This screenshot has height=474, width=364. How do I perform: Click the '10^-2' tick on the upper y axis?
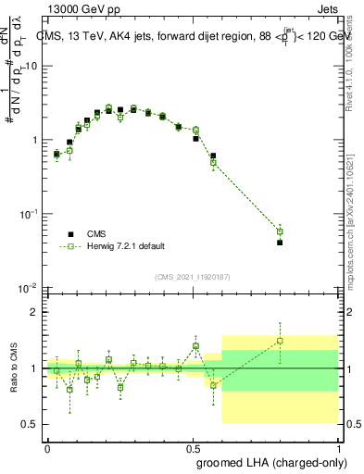pos(29,288)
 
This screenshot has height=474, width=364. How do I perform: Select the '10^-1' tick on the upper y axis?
pos(29,214)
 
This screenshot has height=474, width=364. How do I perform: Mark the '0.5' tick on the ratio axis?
pos(31,424)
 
